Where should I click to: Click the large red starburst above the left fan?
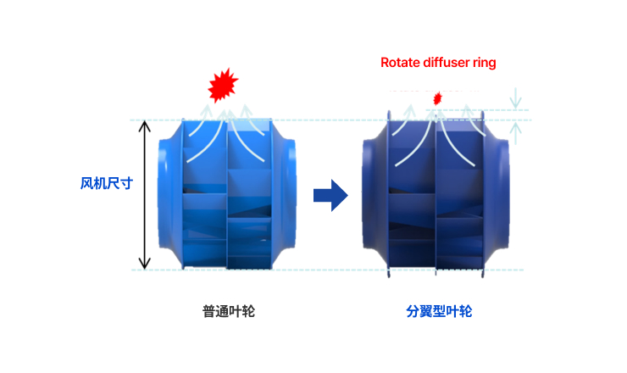tap(223, 84)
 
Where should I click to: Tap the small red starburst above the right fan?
tap(438, 98)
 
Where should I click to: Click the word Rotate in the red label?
tap(399, 62)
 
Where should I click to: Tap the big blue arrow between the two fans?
tap(330, 196)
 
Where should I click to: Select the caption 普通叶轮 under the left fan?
tap(228, 311)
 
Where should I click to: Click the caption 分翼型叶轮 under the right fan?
tap(439, 311)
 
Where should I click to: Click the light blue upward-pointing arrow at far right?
tap(516, 127)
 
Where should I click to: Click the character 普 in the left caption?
tap(208, 311)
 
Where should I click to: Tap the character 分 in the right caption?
tap(413, 311)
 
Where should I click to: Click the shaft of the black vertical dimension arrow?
tap(145, 195)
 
